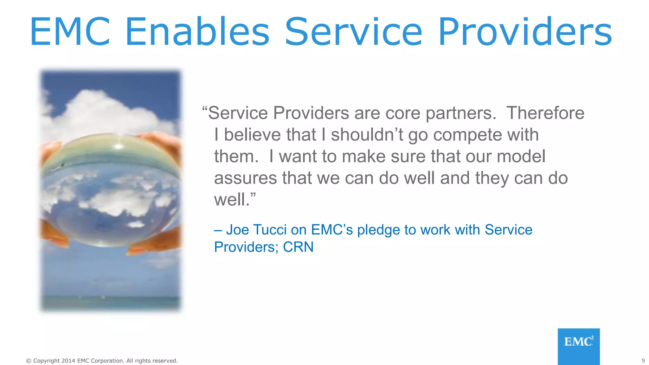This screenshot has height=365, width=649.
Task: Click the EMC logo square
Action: point(578,346)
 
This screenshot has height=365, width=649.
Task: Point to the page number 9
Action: point(643,361)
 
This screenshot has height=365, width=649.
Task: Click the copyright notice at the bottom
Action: point(102,361)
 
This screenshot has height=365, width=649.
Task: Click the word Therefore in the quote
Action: point(545,113)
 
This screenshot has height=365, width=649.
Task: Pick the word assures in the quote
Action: point(246,178)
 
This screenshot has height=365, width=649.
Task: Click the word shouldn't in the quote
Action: point(367,135)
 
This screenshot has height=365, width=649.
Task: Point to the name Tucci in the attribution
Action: point(270,230)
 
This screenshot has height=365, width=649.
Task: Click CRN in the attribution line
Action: point(298,247)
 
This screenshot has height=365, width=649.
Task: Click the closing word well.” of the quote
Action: point(235,200)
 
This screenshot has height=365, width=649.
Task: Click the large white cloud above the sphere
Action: point(105,111)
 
